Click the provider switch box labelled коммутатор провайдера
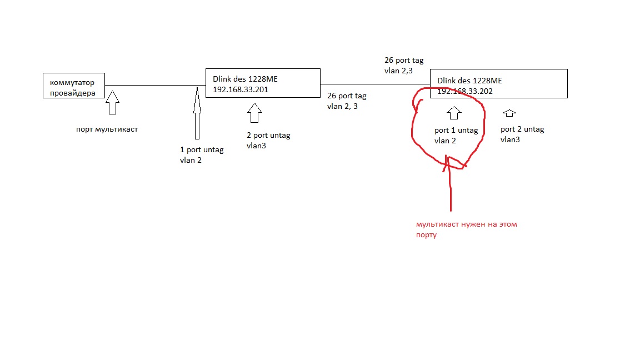(74, 85)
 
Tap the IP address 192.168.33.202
(465, 91)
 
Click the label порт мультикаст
(107, 129)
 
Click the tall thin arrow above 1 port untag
(197, 113)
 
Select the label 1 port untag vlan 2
(202, 154)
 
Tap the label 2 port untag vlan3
(268, 140)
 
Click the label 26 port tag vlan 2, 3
(347, 101)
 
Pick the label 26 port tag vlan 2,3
(404, 66)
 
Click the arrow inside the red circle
(454, 113)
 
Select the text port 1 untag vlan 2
(456, 136)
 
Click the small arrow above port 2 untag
(509, 113)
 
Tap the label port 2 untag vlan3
(522, 134)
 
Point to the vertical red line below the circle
(451, 189)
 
